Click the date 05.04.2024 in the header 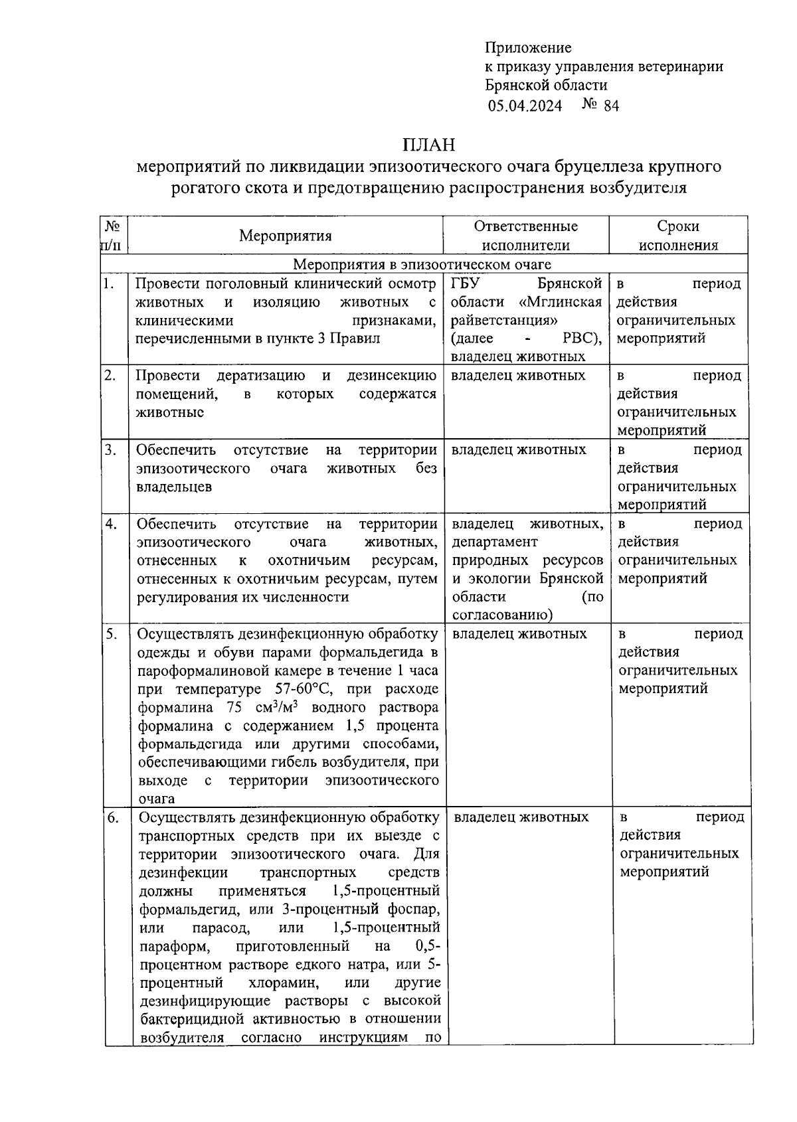(525, 106)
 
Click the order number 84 (610, 106)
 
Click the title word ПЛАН (428, 144)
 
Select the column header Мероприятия (286, 236)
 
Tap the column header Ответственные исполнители (525, 236)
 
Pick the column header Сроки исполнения (678, 236)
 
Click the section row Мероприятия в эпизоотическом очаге (422, 264)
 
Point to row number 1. (109, 284)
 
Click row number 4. (111, 524)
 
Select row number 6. (113, 818)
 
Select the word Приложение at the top (528, 48)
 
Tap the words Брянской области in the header (546, 85)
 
